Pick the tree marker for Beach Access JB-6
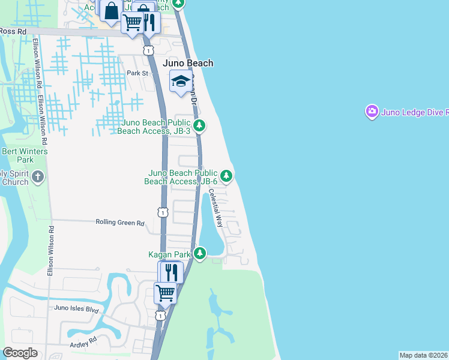pos(226,176)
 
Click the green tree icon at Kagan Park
pos(200,255)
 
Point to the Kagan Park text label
pos(170,255)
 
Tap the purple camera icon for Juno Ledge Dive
pos(372,111)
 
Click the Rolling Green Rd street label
pos(120,223)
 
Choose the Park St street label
pos(137,73)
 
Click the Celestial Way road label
pos(215,208)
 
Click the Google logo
pos(20,353)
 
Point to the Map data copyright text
pos(423,355)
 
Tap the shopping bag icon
pos(112,10)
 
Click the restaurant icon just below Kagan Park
pos(171,272)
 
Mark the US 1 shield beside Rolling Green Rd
pos(162,212)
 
